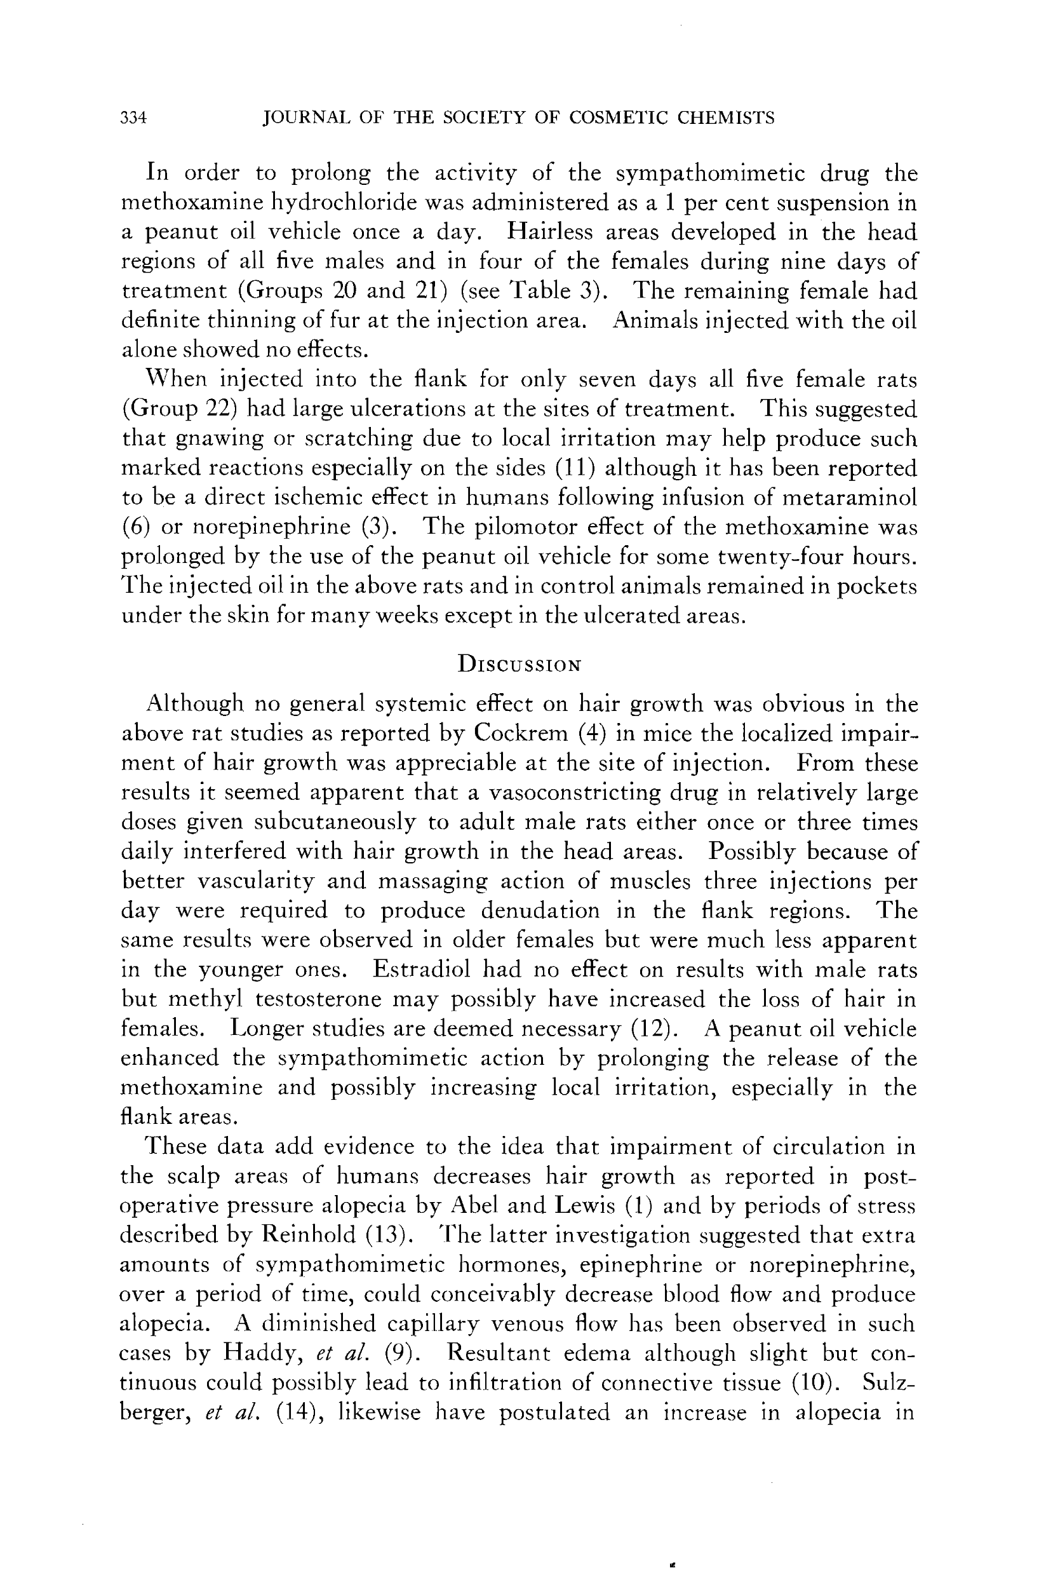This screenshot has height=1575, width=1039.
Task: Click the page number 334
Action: (133, 119)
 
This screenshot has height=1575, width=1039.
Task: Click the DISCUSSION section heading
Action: (519, 664)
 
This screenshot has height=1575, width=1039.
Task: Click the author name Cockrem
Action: (521, 733)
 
